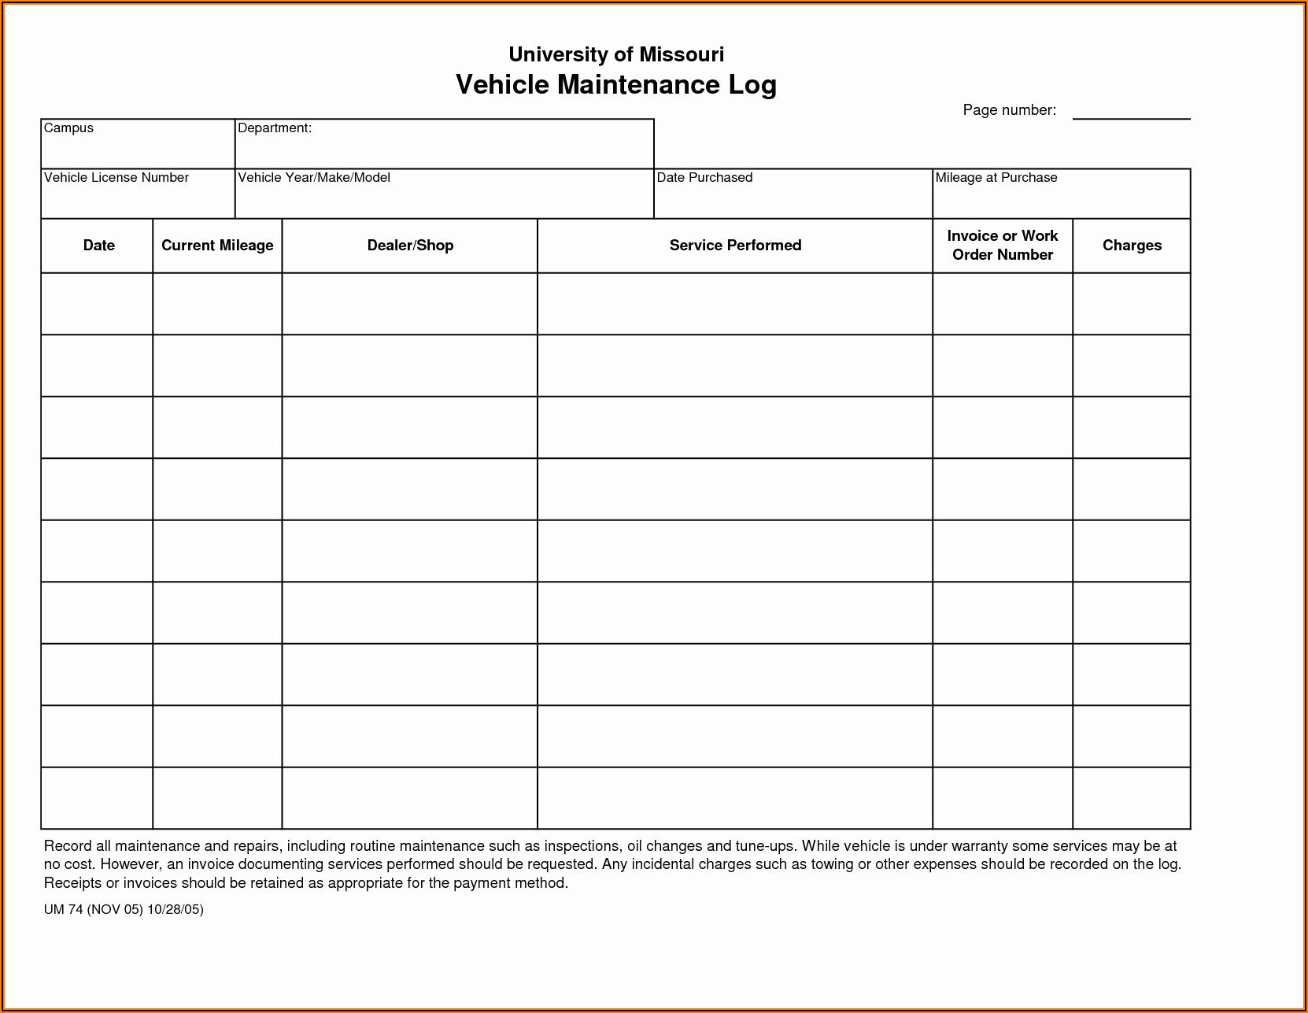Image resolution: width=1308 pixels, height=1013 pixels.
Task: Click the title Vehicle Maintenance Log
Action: click(616, 85)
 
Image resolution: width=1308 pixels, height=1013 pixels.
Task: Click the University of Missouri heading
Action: click(616, 54)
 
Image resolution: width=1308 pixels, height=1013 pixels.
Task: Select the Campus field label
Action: click(68, 128)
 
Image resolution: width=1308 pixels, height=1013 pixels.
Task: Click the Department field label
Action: click(275, 128)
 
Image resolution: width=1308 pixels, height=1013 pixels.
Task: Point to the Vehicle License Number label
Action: click(116, 178)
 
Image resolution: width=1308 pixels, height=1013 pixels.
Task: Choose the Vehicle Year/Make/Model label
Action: click(314, 178)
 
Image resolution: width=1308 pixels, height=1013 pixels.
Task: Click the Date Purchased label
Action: click(704, 178)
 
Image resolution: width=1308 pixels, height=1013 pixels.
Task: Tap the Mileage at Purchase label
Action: click(996, 178)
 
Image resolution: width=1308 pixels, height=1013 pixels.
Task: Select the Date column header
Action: click(98, 246)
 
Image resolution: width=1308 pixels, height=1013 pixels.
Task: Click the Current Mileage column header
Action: click(217, 246)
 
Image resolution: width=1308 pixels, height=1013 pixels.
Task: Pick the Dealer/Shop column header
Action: click(410, 246)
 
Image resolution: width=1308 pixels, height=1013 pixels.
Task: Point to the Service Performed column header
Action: click(735, 246)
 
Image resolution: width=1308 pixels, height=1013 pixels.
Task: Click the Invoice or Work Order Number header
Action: click(1002, 246)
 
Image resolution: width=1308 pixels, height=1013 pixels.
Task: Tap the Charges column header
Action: click(1132, 246)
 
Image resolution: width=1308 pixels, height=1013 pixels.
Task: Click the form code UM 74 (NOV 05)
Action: click(94, 910)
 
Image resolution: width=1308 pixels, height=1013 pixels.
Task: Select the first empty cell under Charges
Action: click(1132, 304)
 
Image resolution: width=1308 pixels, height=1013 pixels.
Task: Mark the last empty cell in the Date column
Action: click(97, 798)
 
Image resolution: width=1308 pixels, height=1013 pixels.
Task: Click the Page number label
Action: click(1009, 110)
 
